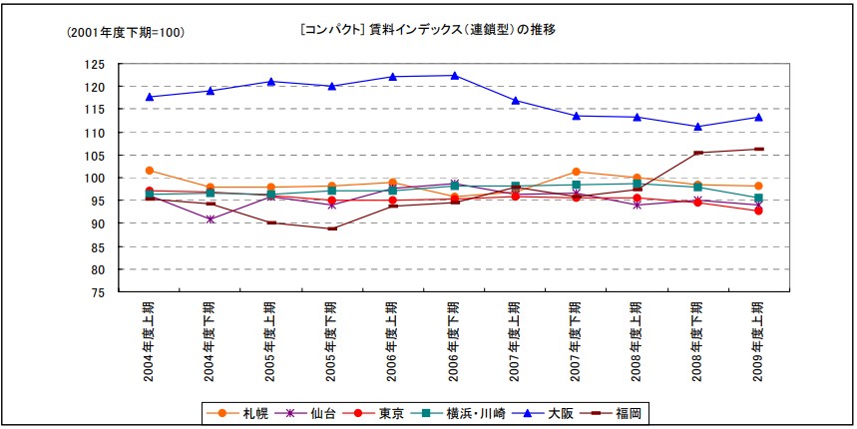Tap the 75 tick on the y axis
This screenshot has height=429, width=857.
point(99,293)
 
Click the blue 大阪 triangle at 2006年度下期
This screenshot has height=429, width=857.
point(455,76)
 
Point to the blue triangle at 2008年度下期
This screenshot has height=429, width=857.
point(698,127)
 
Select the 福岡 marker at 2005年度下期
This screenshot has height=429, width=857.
point(332,228)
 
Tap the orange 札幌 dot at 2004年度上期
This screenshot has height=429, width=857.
point(150,171)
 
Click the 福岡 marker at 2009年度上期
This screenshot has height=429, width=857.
point(759,149)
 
